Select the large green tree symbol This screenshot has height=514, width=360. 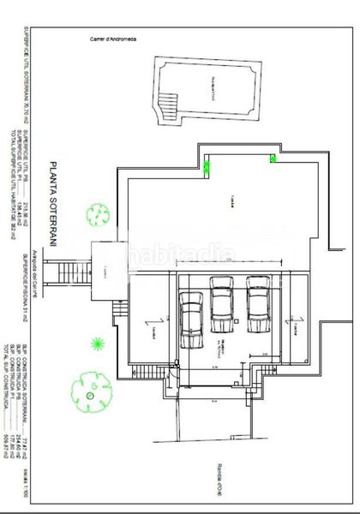90,386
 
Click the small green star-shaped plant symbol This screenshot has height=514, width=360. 99,344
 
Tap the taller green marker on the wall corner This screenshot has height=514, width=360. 207,166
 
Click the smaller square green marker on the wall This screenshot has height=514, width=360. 273,158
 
